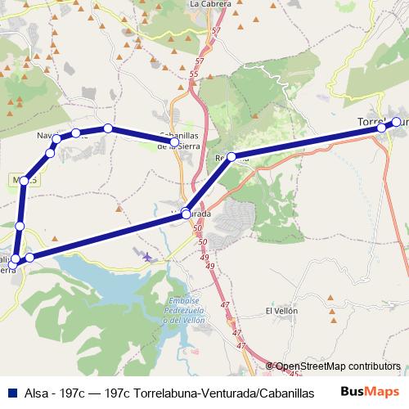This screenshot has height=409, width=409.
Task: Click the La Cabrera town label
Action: (209, 4)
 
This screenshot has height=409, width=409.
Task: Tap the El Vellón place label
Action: (281, 312)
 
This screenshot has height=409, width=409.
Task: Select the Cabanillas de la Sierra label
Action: (178, 141)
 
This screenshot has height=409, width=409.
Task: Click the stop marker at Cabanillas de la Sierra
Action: (173, 143)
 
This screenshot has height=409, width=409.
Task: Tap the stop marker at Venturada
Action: (187, 213)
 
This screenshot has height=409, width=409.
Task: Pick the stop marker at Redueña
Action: (231, 156)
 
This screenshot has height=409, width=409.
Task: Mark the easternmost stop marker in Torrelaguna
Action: (397, 122)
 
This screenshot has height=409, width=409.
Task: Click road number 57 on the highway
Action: (215, 30)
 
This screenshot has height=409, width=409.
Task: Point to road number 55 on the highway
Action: (193, 74)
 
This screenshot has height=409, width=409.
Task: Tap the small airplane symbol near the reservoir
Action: (146, 257)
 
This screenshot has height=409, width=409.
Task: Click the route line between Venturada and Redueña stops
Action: (209, 185)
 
